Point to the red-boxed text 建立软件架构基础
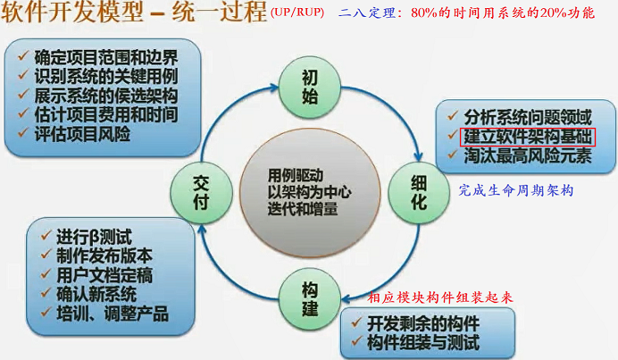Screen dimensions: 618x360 [527, 136]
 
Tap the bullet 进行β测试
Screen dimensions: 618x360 [93, 237]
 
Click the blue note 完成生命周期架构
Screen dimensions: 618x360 [515, 190]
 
